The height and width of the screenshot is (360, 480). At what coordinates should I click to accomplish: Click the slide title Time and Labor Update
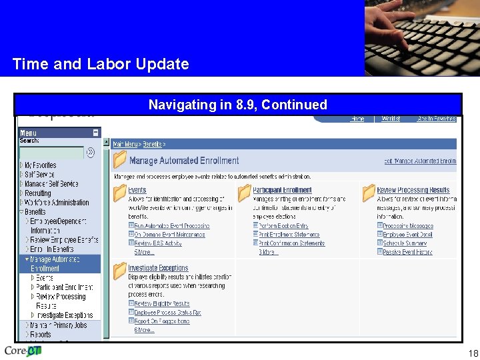pyautogui.click(x=101, y=65)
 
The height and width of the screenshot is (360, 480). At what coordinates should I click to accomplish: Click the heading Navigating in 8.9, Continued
pyautogui.click(x=238, y=105)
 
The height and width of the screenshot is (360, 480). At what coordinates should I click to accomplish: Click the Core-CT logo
pyautogui.click(x=23, y=351)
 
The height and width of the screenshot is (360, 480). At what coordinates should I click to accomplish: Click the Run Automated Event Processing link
pyautogui.click(x=172, y=226)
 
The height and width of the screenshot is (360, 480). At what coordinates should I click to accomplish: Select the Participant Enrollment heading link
pyautogui.click(x=282, y=191)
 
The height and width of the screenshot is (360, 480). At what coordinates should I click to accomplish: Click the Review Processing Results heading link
pyautogui.click(x=413, y=191)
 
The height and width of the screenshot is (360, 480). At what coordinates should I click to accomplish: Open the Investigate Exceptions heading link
pyautogui.click(x=158, y=268)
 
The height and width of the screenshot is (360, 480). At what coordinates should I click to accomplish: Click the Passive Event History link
pyautogui.click(x=407, y=252)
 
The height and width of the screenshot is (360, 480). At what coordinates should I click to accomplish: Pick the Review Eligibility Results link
pyautogui.click(x=162, y=303)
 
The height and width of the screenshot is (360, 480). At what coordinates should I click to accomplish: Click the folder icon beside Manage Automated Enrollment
pyautogui.click(x=120, y=160)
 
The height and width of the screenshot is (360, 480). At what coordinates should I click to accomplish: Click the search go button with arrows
pyautogui.click(x=91, y=153)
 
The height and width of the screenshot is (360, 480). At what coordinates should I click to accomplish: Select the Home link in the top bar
pyautogui.click(x=357, y=119)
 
